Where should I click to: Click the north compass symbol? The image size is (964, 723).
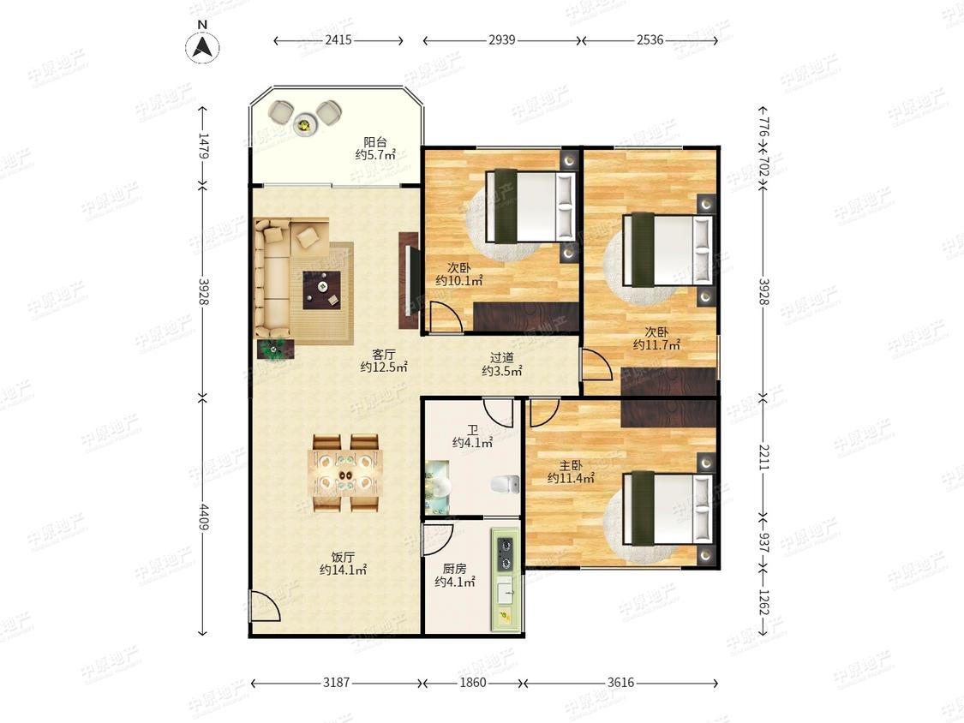(203, 47)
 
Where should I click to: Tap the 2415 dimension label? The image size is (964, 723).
(338, 40)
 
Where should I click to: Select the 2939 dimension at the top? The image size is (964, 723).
(501, 40)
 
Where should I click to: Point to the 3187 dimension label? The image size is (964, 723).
(336, 683)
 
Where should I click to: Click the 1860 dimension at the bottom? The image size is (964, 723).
(473, 683)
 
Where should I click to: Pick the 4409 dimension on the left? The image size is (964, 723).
(203, 516)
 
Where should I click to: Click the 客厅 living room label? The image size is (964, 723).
(384, 355)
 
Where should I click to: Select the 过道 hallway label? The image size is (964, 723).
(501, 357)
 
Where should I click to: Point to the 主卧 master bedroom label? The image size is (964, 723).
(571, 465)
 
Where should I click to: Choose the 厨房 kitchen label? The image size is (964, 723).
(454, 569)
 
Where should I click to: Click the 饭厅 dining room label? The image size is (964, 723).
(343, 557)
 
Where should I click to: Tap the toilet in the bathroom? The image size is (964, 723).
(506, 485)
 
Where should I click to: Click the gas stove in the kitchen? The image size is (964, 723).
(505, 553)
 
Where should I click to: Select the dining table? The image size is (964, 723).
(345, 472)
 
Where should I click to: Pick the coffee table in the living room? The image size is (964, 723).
(322, 289)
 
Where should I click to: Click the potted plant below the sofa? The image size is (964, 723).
(275, 350)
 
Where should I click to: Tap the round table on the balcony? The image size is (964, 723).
(304, 125)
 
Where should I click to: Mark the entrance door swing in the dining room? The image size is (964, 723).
(265, 606)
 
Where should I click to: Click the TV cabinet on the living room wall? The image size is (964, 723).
(408, 280)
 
